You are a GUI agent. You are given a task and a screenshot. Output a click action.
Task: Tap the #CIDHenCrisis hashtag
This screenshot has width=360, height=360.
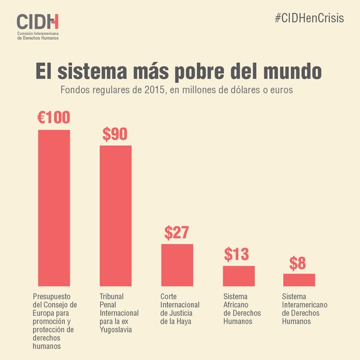(309, 18)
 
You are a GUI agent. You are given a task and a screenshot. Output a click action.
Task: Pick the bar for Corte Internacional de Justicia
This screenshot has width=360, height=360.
(177, 265)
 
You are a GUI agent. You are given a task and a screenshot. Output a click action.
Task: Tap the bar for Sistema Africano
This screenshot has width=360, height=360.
(239, 275)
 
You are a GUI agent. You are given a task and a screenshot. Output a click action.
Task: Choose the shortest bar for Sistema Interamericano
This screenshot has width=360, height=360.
(299, 280)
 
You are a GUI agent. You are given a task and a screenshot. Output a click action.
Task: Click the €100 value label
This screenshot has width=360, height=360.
(53, 118)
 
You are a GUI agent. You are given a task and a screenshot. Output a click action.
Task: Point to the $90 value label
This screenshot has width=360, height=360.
(115, 134)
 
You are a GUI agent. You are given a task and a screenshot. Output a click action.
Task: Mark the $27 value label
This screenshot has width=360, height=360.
(177, 233)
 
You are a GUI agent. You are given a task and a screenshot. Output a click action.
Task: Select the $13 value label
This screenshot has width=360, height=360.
(236, 254)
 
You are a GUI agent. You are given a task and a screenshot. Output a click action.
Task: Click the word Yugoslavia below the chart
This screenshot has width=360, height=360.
(117, 329)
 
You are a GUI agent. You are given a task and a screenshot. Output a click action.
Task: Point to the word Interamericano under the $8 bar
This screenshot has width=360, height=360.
(304, 305)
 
